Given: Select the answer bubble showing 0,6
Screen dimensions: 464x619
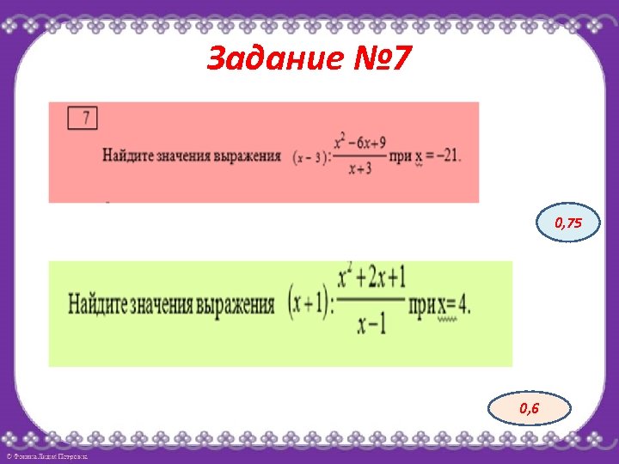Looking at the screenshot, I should (529, 408).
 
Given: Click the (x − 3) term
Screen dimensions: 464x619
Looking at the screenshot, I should (308, 156).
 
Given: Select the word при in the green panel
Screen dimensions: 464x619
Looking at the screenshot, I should (421, 305).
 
